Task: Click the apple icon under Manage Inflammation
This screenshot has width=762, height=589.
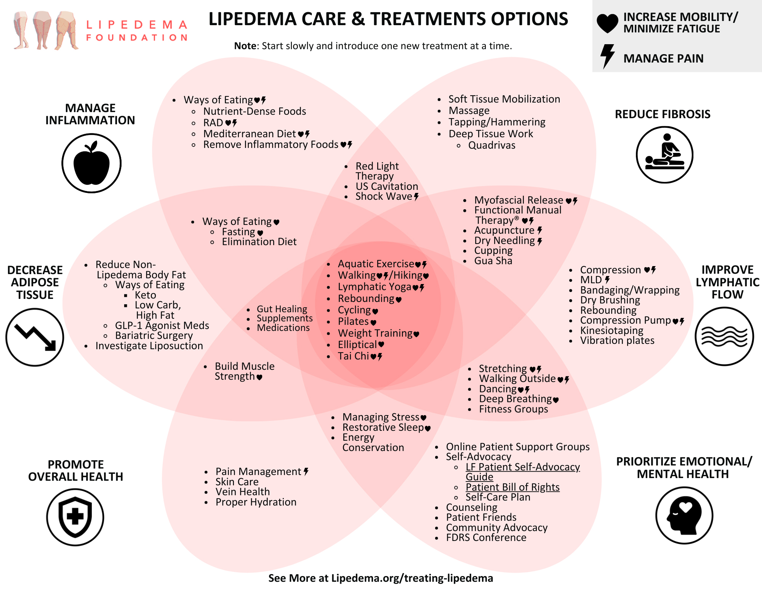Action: coord(91,163)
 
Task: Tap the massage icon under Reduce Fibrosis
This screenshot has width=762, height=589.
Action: coord(664,155)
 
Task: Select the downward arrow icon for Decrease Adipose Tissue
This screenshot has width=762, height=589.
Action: coord(35,337)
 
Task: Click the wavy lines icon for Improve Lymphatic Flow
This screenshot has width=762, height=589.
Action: coord(724,336)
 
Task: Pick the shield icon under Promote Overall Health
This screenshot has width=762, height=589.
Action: coord(75,517)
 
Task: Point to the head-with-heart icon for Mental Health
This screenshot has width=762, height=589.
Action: coord(684,515)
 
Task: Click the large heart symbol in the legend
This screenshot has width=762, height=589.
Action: coord(607,23)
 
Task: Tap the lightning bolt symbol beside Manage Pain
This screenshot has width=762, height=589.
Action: coord(607,56)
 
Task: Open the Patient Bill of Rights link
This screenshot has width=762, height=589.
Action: coord(512,487)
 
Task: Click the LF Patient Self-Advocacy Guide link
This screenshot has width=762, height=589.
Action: coord(522,467)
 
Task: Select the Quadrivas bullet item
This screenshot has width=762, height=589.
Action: coord(491,145)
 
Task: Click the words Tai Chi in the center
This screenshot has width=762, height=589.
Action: coord(353,356)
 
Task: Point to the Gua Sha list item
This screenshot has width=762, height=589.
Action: coord(493,261)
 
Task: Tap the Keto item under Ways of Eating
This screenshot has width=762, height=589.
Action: coord(145,295)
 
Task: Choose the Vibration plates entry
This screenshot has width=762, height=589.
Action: coord(617,340)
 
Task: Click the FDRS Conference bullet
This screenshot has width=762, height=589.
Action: coord(486,538)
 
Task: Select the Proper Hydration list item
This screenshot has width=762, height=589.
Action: coord(256,502)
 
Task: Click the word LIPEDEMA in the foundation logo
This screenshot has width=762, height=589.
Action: coord(137,25)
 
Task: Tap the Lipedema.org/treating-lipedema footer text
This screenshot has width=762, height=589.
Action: coord(412,578)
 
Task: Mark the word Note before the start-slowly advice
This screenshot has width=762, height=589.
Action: coord(245,46)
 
